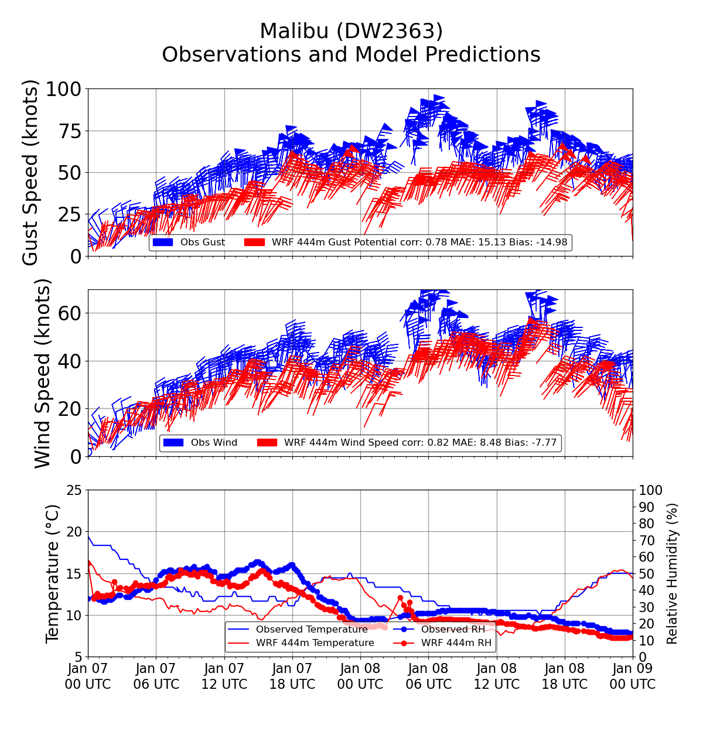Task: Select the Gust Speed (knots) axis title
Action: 30,172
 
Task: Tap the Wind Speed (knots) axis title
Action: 43,373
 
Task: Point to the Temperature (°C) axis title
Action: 53,573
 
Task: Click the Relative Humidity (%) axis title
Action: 672,573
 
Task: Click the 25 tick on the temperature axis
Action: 74,490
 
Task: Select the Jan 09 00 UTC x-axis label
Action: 633,676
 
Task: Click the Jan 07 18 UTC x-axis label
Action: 292,676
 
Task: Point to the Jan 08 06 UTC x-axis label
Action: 428,676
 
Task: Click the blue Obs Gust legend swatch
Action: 162,242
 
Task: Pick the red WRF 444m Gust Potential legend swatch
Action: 254,242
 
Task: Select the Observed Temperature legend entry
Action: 312,630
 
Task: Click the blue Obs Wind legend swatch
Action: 173,443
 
